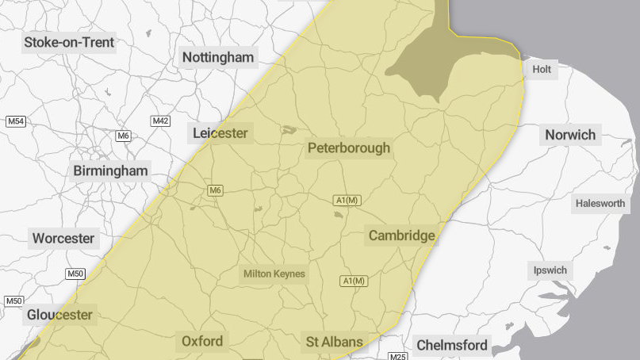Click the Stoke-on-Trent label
69,42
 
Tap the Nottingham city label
218,57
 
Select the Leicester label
220,133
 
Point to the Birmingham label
110,170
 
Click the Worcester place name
63,238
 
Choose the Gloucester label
59,315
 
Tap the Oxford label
202,341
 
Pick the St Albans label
335,343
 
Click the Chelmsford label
452,345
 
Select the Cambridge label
401,236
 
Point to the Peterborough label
349,147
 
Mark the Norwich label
569,135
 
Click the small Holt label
542,70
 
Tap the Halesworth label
600,204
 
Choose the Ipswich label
550,270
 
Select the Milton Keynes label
274,274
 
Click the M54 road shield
16,121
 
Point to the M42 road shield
161,121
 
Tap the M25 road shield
398,356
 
